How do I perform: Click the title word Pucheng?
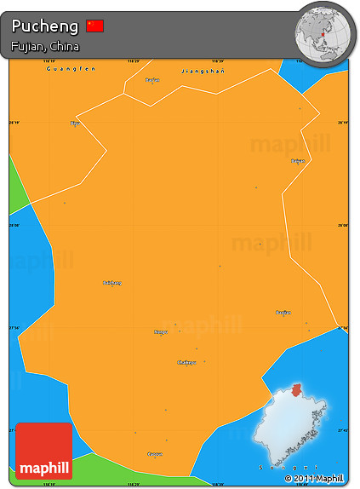[45, 26]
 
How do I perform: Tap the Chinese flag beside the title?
[95, 26]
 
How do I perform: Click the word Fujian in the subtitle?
[27, 46]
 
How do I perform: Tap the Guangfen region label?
[71, 68]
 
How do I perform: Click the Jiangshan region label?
[203, 72]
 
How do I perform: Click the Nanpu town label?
[160, 331]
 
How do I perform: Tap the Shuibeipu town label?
[186, 362]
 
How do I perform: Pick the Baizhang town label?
[112, 282]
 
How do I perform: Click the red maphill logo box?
[44, 451]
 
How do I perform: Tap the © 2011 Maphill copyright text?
[315, 479]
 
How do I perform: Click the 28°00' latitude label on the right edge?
[343, 225]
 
